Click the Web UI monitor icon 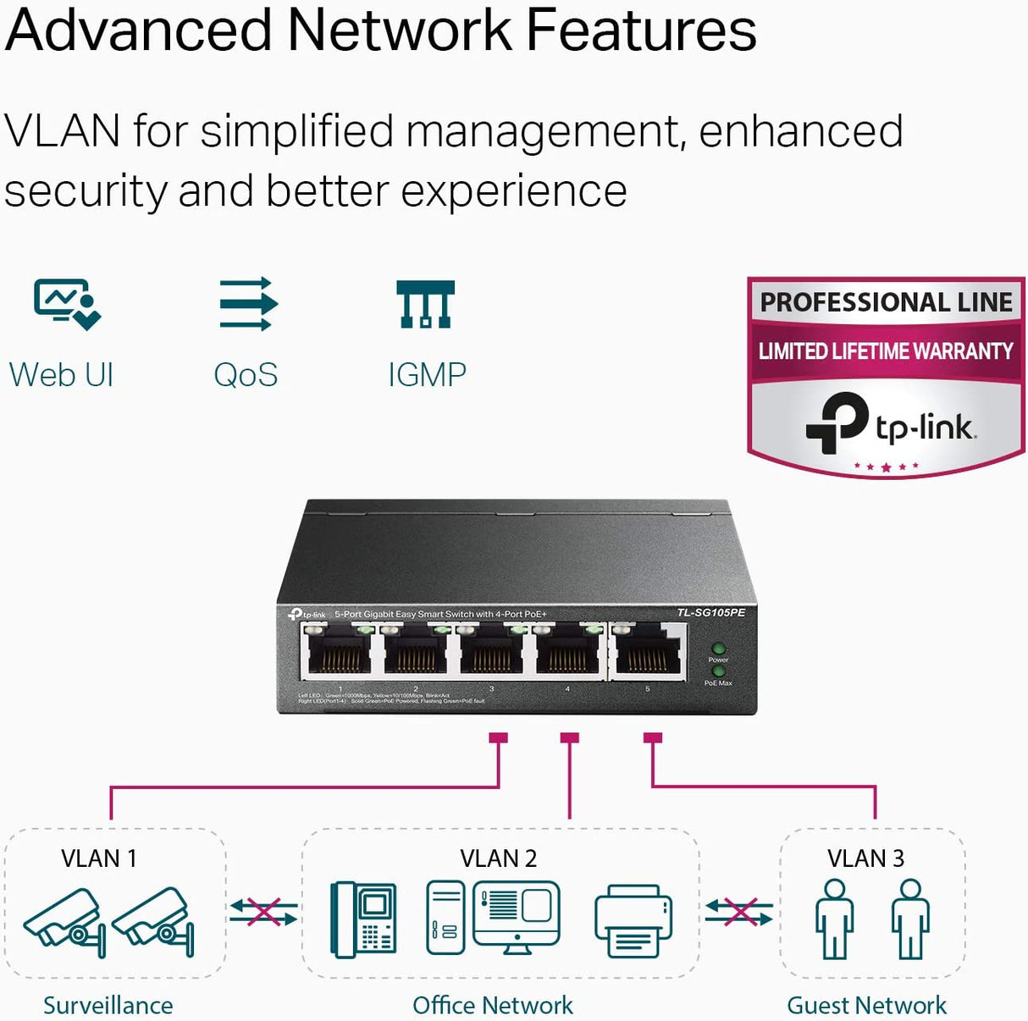click(x=66, y=303)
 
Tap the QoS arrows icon click(x=246, y=303)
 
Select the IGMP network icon click(x=426, y=304)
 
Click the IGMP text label click(x=427, y=375)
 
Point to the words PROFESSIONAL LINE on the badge click(x=886, y=302)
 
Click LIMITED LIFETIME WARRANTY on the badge click(x=886, y=350)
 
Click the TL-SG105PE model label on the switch click(x=710, y=612)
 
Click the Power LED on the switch click(x=718, y=649)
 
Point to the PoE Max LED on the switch click(x=718, y=671)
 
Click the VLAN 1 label click(x=99, y=858)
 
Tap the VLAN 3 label click(x=865, y=858)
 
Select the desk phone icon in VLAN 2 click(x=363, y=920)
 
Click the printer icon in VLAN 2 click(x=633, y=922)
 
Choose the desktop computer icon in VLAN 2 click(x=494, y=918)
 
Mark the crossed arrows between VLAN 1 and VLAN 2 click(x=263, y=913)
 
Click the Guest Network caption click(x=866, y=1005)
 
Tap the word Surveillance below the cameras click(x=108, y=1005)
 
